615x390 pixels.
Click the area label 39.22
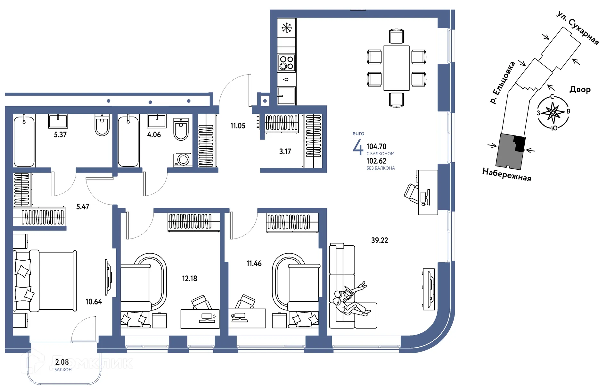click(379, 240)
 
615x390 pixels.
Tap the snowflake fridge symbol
click(286, 28)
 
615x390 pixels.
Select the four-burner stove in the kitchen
click(286, 63)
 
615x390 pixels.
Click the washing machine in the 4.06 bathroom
click(183, 159)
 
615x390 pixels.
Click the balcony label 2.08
click(62, 362)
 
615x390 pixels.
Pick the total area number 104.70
click(376, 147)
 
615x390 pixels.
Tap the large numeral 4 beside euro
click(358, 147)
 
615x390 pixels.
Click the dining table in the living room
click(396, 68)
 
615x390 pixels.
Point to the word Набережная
click(506, 175)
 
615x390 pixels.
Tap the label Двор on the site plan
click(580, 89)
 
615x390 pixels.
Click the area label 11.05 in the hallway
click(238, 126)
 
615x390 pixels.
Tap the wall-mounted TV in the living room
click(429, 289)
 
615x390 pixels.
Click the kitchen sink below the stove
click(286, 95)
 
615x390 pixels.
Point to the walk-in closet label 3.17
click(285, 151)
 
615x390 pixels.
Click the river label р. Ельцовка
click(502, 82)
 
